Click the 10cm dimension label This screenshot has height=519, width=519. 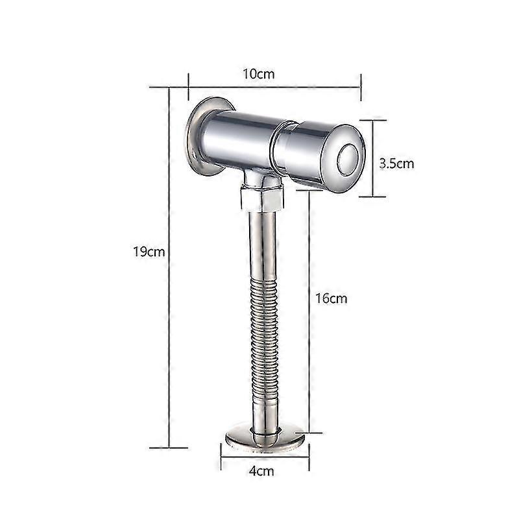pos(259,73)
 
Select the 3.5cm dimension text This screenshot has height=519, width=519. pos(396,163)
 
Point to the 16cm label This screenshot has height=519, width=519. pos(331,298)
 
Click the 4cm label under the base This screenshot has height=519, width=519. pos(262,471)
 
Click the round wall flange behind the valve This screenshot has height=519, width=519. pos(193,136)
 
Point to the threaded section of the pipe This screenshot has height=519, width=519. pos(263,337)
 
